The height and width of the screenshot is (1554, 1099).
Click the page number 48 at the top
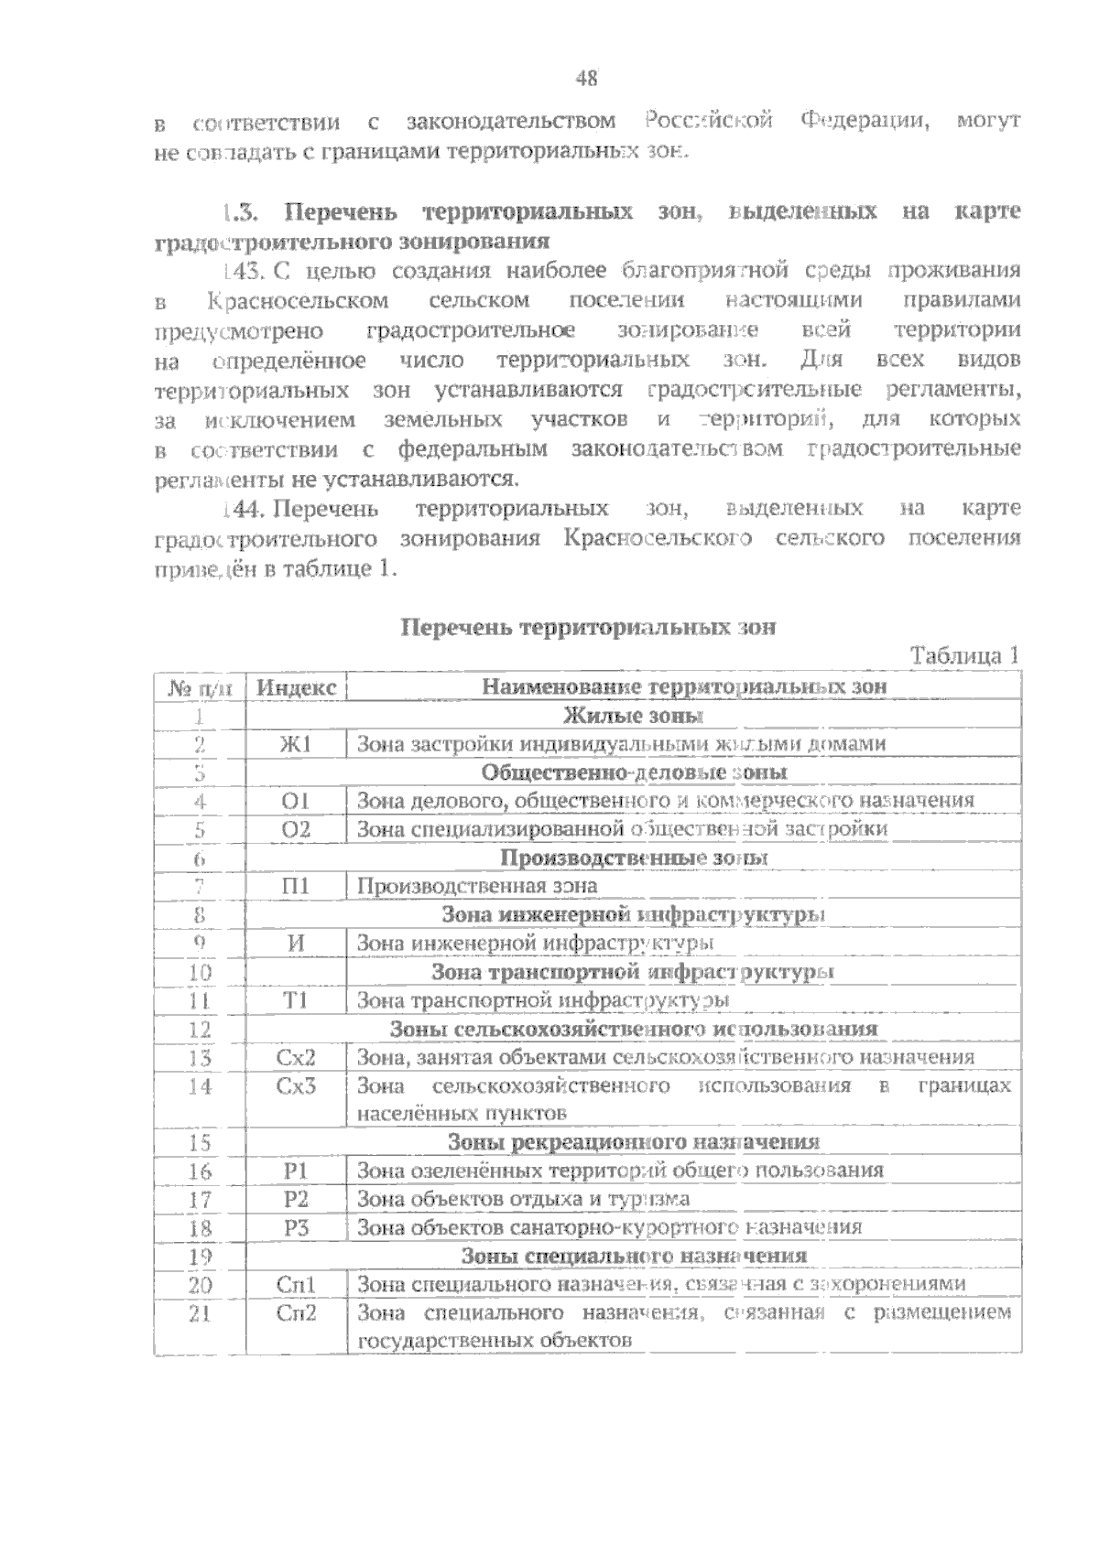coord(587,80)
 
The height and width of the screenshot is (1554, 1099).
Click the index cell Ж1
coord(296,744)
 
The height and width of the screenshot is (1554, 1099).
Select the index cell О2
coord(296,829)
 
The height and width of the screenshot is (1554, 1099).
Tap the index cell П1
coord(296,886)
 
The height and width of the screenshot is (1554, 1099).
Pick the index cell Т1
coord(296,1000)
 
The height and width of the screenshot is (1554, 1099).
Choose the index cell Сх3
coord(296,1086)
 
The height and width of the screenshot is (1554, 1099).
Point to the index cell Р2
coord(296,1199)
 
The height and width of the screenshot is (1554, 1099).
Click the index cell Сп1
coord(296,1285)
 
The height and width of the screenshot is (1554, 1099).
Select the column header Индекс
coord(296,687)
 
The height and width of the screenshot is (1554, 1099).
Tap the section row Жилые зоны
coord(633,716)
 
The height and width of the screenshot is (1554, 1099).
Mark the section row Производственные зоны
coord(633,858)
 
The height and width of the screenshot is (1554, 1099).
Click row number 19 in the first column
coord(200,1256)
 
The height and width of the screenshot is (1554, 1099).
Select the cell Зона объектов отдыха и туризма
coord(523,1199)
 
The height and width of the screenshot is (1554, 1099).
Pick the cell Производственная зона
coord(477,886)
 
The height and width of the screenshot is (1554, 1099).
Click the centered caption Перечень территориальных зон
coord(588,628)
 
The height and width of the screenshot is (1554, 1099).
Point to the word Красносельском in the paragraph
coord(298,301)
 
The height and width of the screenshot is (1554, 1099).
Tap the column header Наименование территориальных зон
coord(684,687)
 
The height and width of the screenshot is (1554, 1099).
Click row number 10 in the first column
coord(200,972)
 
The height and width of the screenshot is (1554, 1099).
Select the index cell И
coord(296,944)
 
